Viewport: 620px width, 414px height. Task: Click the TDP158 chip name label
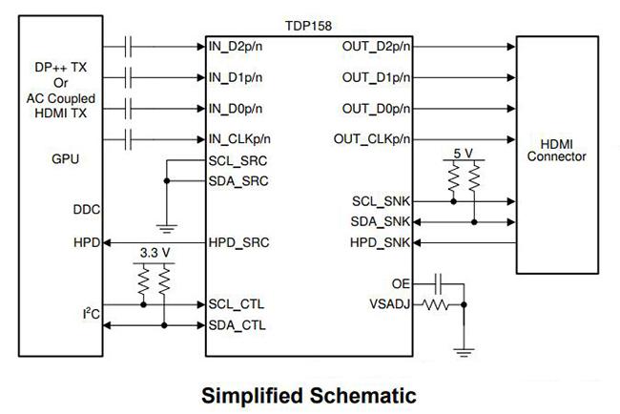point(308,26)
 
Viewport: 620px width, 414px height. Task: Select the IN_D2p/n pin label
point(236,47)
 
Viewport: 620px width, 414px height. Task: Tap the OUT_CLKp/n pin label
point(372,139)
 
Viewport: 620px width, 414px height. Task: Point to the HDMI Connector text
point(556,151)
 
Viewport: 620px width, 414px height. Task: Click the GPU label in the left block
point(65,159)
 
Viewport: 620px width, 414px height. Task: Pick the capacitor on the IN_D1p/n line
point(128,77)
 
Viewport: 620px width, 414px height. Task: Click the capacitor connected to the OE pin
point(438,284)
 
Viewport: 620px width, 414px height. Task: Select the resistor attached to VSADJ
point(435,305)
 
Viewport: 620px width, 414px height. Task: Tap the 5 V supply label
point(463,154)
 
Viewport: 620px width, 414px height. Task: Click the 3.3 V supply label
point(155,253)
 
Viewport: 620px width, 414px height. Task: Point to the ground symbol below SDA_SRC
point(167,229)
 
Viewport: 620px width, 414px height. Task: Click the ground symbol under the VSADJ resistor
point(464,352)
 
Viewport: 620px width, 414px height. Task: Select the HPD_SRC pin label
point(238,243)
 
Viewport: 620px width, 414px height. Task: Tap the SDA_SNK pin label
point(380,222)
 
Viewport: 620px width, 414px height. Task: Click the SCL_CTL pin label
point(236,304)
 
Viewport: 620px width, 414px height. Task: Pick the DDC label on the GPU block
point(87,210)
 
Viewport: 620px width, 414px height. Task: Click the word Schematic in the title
point(362,396)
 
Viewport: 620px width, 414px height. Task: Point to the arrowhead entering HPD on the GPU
point(107,243)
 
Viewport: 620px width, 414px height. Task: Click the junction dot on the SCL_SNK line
point(453,201)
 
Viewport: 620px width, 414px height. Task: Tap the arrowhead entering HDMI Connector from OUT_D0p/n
point(511,109)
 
